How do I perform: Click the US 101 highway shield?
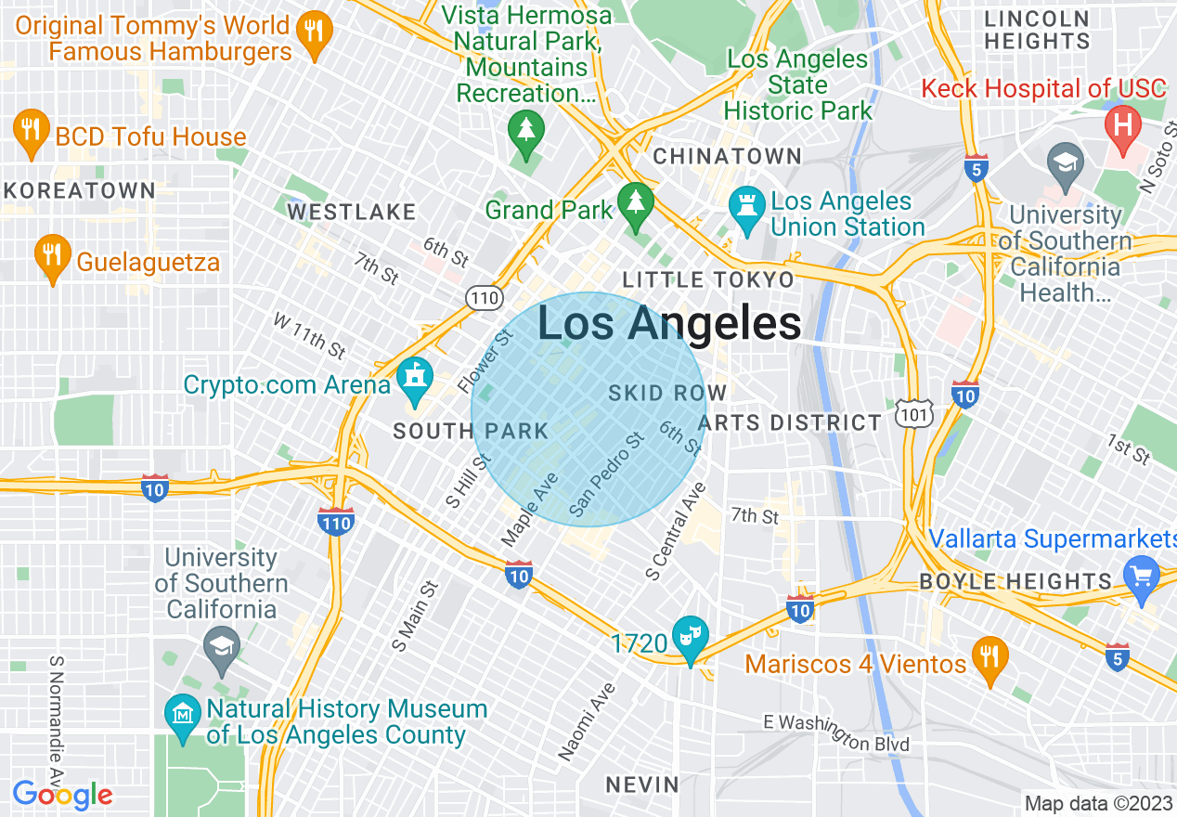(x=914, y=414)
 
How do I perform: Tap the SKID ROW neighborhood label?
(x=666, y=394)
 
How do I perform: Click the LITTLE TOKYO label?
(x=708, y=279)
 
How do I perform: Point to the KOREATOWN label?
(x=79, y=191)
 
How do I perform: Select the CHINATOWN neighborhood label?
(x=727, y=156)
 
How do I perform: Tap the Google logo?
(x=62, y=795)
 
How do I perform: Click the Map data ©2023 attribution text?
(x=1096, y=803)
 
